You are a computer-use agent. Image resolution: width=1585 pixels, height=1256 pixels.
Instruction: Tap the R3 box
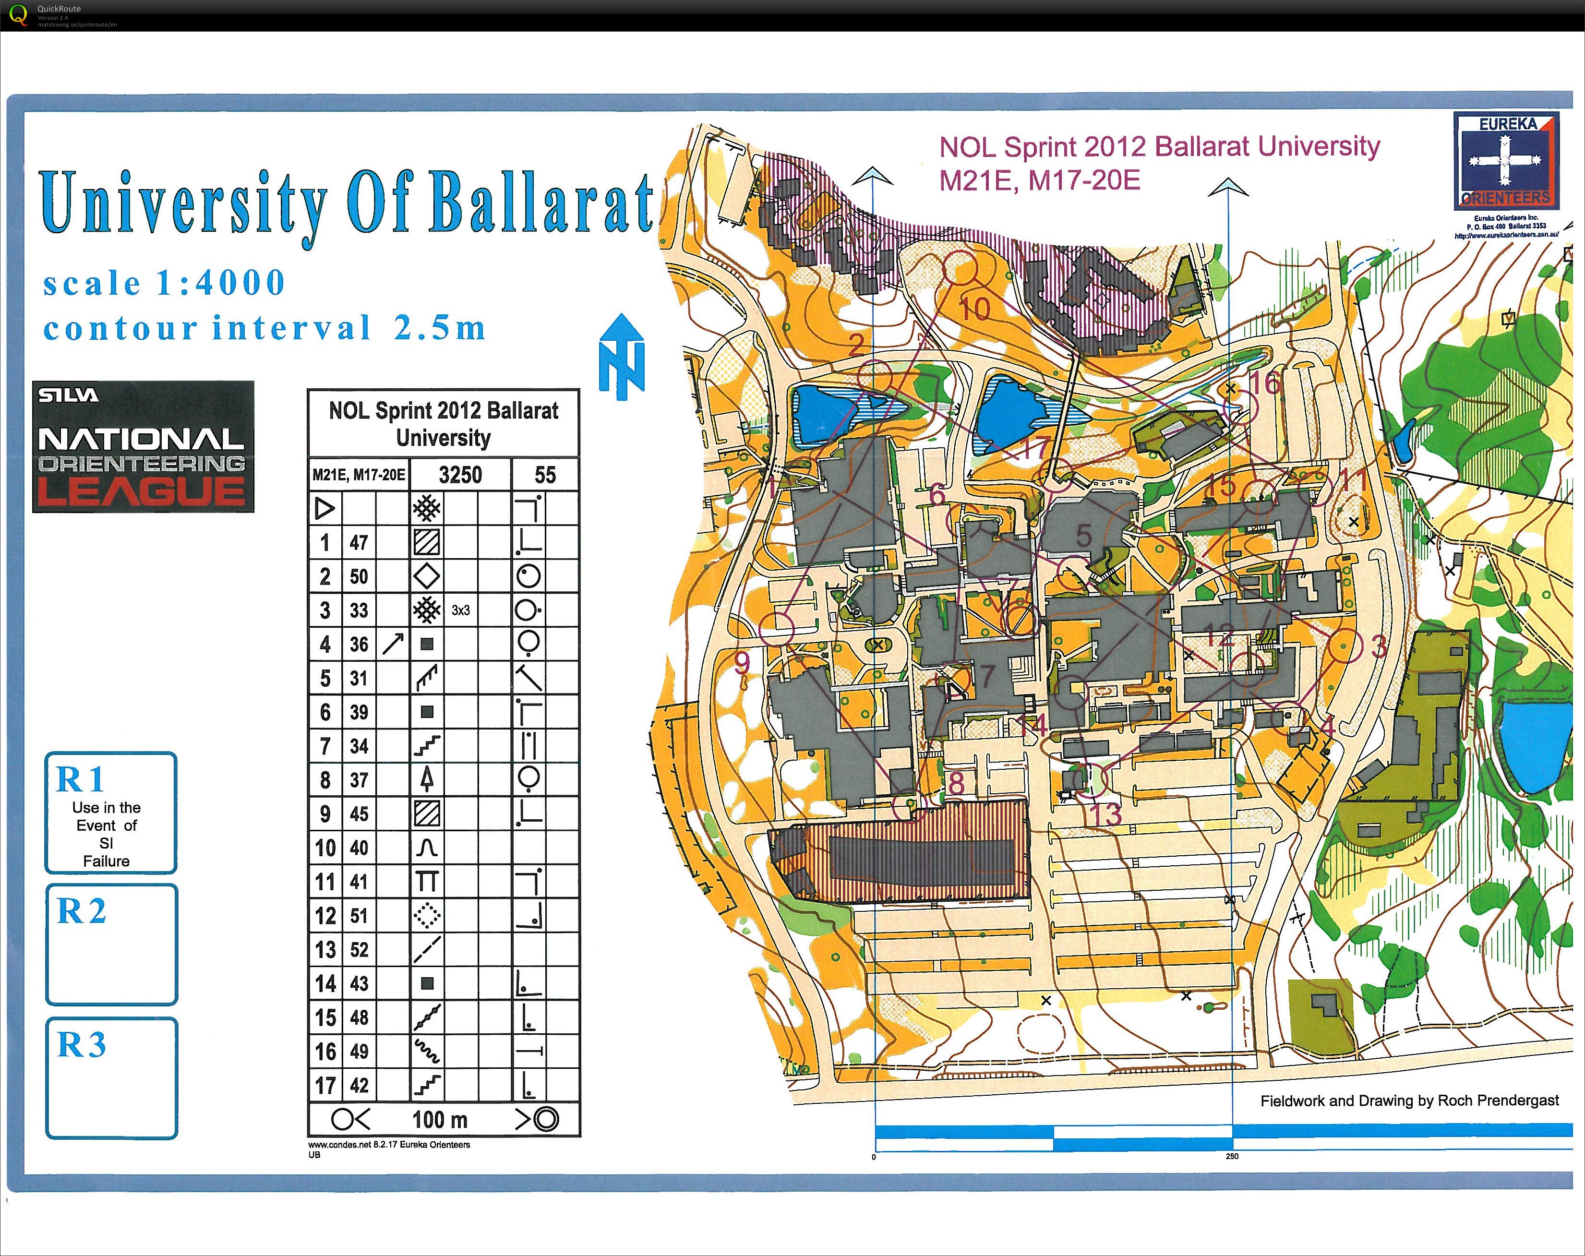[110, 1077]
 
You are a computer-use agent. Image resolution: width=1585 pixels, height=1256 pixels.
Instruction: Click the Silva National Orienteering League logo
[144, 446]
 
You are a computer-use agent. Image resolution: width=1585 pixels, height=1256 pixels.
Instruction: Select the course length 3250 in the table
[460, 475]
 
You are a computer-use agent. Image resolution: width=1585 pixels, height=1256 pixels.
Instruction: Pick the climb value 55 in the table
[545, 475]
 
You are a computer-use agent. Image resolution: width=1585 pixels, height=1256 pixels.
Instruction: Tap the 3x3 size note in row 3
[460, 611]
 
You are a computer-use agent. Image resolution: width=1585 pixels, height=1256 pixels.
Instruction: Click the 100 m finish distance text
[440, 1119]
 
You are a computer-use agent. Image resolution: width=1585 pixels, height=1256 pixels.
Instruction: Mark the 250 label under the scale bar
[1232, 1156]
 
